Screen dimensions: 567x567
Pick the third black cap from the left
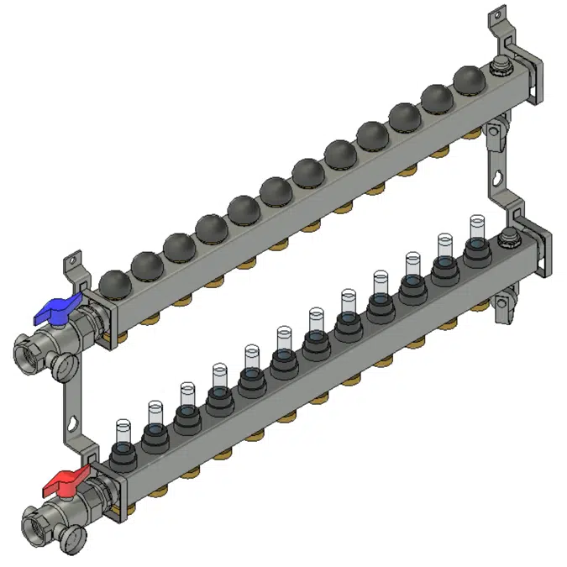tap(180, 247)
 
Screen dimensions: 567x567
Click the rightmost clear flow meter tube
tap(477, 228)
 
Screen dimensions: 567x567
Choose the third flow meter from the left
tap(186, 394)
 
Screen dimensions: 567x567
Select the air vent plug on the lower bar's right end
tap(508, 238)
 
